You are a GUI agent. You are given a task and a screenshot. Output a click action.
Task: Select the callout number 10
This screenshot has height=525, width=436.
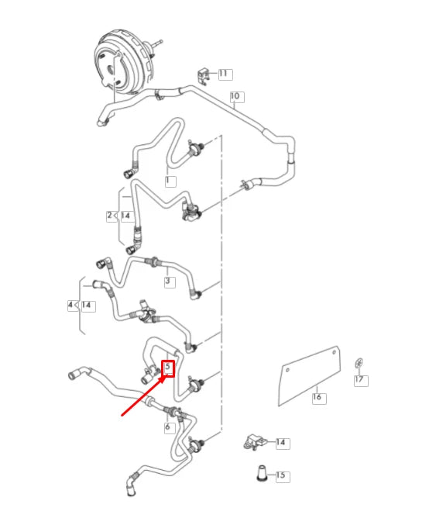coord(235,96)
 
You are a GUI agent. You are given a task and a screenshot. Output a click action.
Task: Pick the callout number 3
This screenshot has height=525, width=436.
coord(168,281)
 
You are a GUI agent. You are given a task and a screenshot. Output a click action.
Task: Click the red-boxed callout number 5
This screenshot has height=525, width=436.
coord(168,368)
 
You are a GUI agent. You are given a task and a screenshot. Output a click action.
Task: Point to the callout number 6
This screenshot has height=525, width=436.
coord(167,427)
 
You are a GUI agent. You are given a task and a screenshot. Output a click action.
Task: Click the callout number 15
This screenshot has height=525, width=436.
coord(281,475)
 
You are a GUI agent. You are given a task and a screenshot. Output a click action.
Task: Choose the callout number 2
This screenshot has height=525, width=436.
coord(110,216)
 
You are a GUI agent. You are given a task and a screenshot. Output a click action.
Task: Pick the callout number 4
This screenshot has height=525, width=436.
coord(70,305)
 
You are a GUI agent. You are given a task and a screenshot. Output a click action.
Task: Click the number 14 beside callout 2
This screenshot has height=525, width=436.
coord(125,216)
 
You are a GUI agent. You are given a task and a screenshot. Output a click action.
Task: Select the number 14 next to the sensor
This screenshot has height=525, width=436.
coord(281,442)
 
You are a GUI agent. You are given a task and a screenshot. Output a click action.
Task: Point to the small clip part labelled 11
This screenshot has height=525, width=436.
coord(204,76)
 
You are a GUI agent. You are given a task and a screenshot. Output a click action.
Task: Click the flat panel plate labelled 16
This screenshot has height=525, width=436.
coord(310,376)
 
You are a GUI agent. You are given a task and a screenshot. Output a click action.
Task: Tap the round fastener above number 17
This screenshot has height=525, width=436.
coord(359,363)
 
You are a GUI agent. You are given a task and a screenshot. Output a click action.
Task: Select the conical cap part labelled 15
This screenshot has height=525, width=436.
coord(262,474)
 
